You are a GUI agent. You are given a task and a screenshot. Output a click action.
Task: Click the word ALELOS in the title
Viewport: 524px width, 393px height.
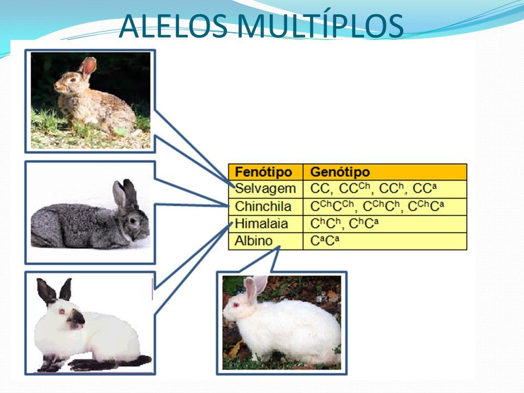[173, 26]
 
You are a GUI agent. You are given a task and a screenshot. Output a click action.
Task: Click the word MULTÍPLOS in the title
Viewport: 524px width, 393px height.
[320, 26]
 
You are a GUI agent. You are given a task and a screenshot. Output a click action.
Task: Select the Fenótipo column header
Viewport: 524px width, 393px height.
[263, 172]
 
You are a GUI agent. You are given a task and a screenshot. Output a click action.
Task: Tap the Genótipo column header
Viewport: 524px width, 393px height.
[340, 172]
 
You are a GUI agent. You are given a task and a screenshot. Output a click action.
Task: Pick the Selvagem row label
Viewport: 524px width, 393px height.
[265, 189]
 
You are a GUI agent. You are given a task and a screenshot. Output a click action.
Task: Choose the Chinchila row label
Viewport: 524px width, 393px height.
[263, 206]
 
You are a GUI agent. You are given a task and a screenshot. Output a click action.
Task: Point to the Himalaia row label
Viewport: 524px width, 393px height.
[261, 224]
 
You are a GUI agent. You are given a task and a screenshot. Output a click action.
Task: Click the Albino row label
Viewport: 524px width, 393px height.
[254, 241]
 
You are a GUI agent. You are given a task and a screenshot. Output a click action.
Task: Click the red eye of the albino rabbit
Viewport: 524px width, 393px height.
[236, 305]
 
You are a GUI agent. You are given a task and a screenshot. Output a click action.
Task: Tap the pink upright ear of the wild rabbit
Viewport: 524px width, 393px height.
[88, 65]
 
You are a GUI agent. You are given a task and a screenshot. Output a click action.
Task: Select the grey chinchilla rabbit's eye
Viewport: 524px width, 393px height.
[133, 221]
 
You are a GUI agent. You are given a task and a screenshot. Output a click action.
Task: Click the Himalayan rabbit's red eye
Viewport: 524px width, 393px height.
[62, 312]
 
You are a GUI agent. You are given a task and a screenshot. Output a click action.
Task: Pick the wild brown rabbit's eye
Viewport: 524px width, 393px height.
[72, 80]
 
